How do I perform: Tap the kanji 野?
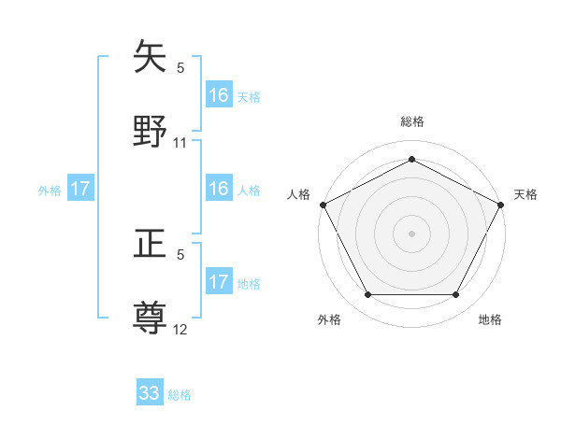[151, 129]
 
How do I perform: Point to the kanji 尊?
[151, 318]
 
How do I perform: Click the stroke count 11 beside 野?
[180, 143]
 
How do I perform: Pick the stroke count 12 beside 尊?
[180, 331]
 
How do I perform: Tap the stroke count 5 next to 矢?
[180, 67]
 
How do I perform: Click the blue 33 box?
[150, 393]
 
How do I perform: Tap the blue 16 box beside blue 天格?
[219, 95]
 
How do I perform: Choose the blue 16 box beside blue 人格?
[219, 189]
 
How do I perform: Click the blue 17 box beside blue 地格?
[219, 282]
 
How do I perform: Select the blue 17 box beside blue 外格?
[80, 189]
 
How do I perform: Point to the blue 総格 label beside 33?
[180, 395]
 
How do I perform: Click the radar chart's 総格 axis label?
[411, 121]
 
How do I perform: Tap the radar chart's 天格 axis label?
[525, 194]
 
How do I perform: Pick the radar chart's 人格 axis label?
[298, 194]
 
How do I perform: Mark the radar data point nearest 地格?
[456, 295]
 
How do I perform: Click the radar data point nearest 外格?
[367, 295]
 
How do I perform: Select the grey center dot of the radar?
[411, 233]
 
